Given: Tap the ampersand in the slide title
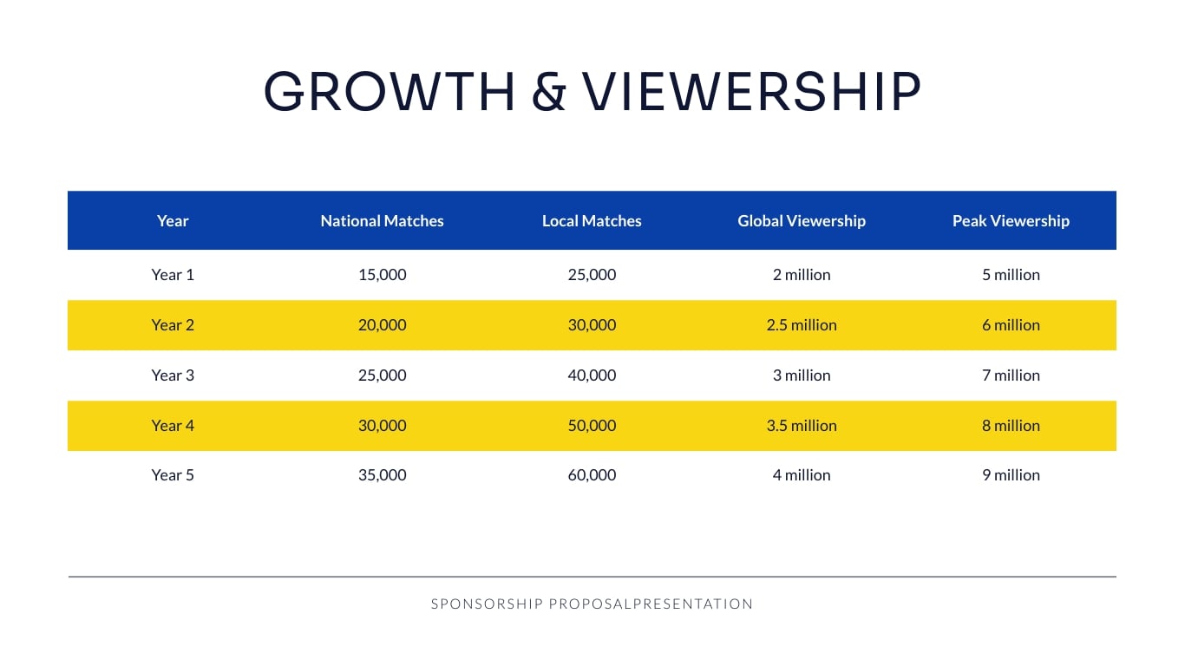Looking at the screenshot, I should (x=548, y=92).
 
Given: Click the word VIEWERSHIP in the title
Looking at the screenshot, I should (x=751, y=91).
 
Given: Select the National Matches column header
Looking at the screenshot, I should (x=382, y=221).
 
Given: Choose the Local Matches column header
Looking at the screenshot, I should (x=592, y=221).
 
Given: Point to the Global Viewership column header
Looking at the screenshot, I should (x=802, y=221).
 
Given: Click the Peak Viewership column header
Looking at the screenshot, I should (x=1011, y=221).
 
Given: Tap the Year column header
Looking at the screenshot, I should (x=173, y=221).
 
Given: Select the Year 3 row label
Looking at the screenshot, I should (x=173, y=375).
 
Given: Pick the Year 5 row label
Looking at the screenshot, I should (x=173, y=475).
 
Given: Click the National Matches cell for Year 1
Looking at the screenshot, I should (x=382, y=275).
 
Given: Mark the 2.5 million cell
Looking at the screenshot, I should (x=802, y=325).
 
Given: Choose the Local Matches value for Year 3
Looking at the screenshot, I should (x=592, y=375).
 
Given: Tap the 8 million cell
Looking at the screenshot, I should (x=1011, y=426).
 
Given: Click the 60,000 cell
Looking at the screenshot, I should (x=592, y=475).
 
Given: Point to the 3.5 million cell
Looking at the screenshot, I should (x=802, y=426).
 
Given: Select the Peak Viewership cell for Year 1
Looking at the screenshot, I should (x=1011, y=275).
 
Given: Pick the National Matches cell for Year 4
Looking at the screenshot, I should (x=382, y=426).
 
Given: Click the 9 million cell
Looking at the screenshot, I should (x=1011, y=475).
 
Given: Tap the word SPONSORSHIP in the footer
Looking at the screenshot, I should (x=487, y=604).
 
